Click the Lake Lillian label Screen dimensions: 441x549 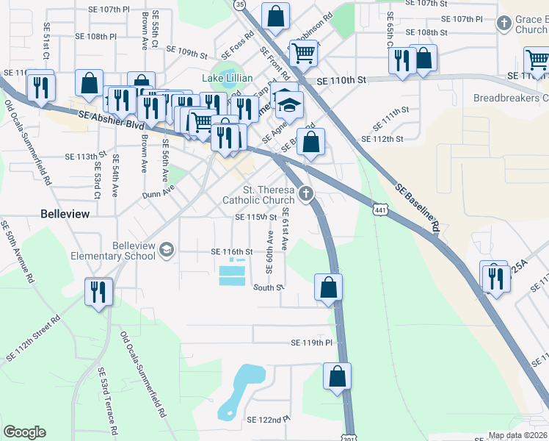228,79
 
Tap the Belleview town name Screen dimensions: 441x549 65,214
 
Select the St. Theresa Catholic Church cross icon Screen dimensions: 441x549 306,194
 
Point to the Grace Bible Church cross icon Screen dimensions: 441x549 503,24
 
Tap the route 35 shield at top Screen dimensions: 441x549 240,4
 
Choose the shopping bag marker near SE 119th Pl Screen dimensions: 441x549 337,376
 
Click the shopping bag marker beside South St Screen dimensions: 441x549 328,287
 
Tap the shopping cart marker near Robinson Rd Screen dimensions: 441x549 303,52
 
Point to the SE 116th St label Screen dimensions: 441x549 231,251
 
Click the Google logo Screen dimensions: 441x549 25,432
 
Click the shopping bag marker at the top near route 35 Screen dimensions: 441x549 275,16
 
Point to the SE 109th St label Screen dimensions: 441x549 188,52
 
